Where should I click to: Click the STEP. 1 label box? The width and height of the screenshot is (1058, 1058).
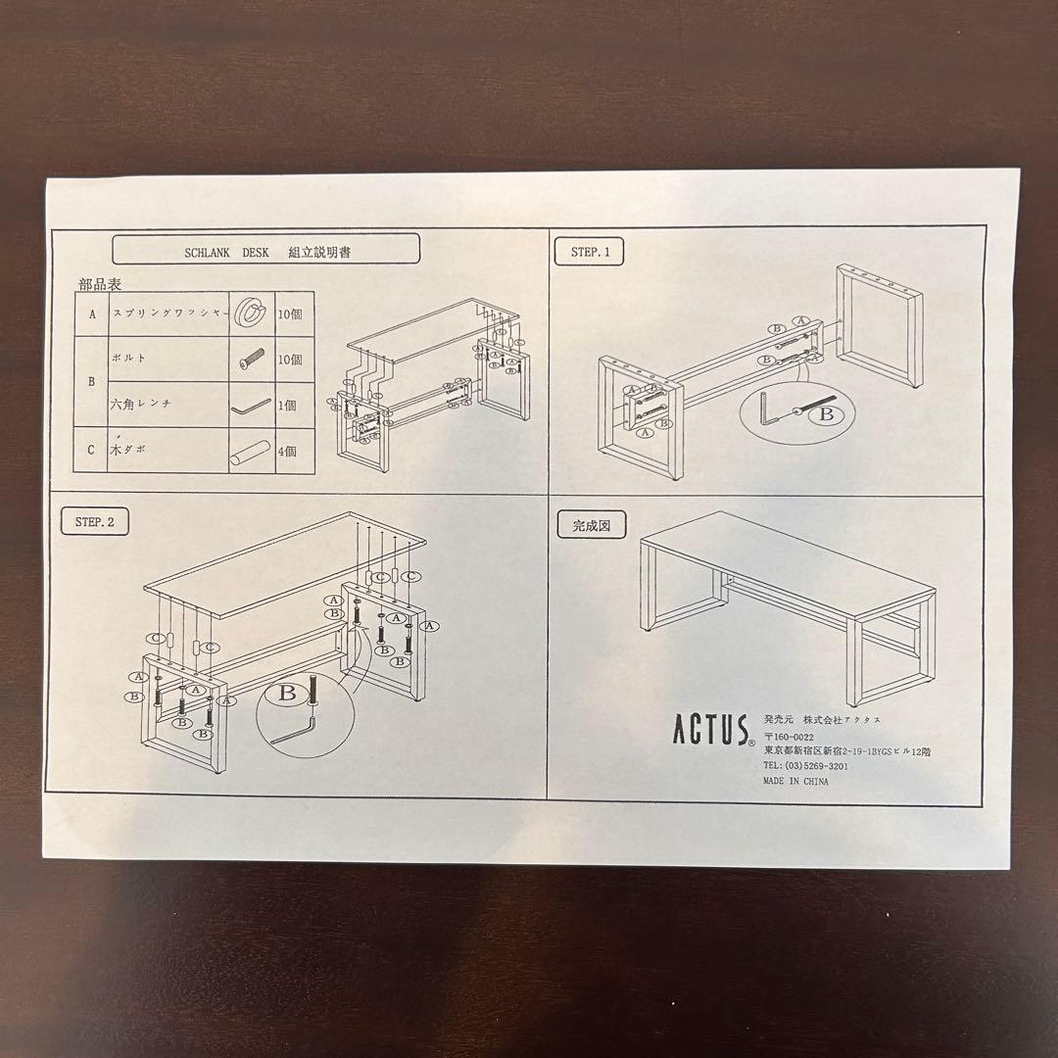590,252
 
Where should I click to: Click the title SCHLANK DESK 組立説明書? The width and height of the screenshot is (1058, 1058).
266,250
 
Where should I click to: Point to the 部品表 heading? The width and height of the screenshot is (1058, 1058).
101,285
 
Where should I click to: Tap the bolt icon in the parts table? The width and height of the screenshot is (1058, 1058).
251,361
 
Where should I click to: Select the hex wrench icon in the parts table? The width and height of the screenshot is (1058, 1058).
249,407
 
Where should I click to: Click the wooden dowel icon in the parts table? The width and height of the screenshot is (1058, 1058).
249,452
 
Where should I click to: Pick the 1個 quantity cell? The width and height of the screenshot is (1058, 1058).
290,406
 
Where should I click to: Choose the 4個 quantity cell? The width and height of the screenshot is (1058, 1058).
290,452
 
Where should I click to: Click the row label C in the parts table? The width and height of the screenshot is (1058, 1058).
91,451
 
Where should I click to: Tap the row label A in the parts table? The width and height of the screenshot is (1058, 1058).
91,314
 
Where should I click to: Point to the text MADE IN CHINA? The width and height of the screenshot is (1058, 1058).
796,782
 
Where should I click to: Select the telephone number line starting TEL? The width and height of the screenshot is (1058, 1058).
806,766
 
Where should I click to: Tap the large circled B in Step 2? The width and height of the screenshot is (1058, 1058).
287,694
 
